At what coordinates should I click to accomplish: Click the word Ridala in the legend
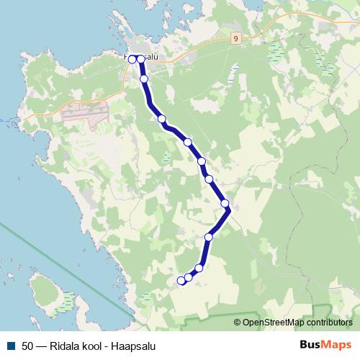(x=66, y=345)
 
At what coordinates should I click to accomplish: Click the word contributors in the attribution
(x=328, y=323)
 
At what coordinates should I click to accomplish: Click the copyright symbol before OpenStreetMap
(x=237, y=323)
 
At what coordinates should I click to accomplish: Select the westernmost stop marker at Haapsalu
(x=132, y=59)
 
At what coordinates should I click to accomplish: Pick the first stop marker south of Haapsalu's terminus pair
(x=144, y=78)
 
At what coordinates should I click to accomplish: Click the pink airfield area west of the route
(x=85, y=111)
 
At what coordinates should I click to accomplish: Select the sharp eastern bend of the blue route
(x=229, y=211)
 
